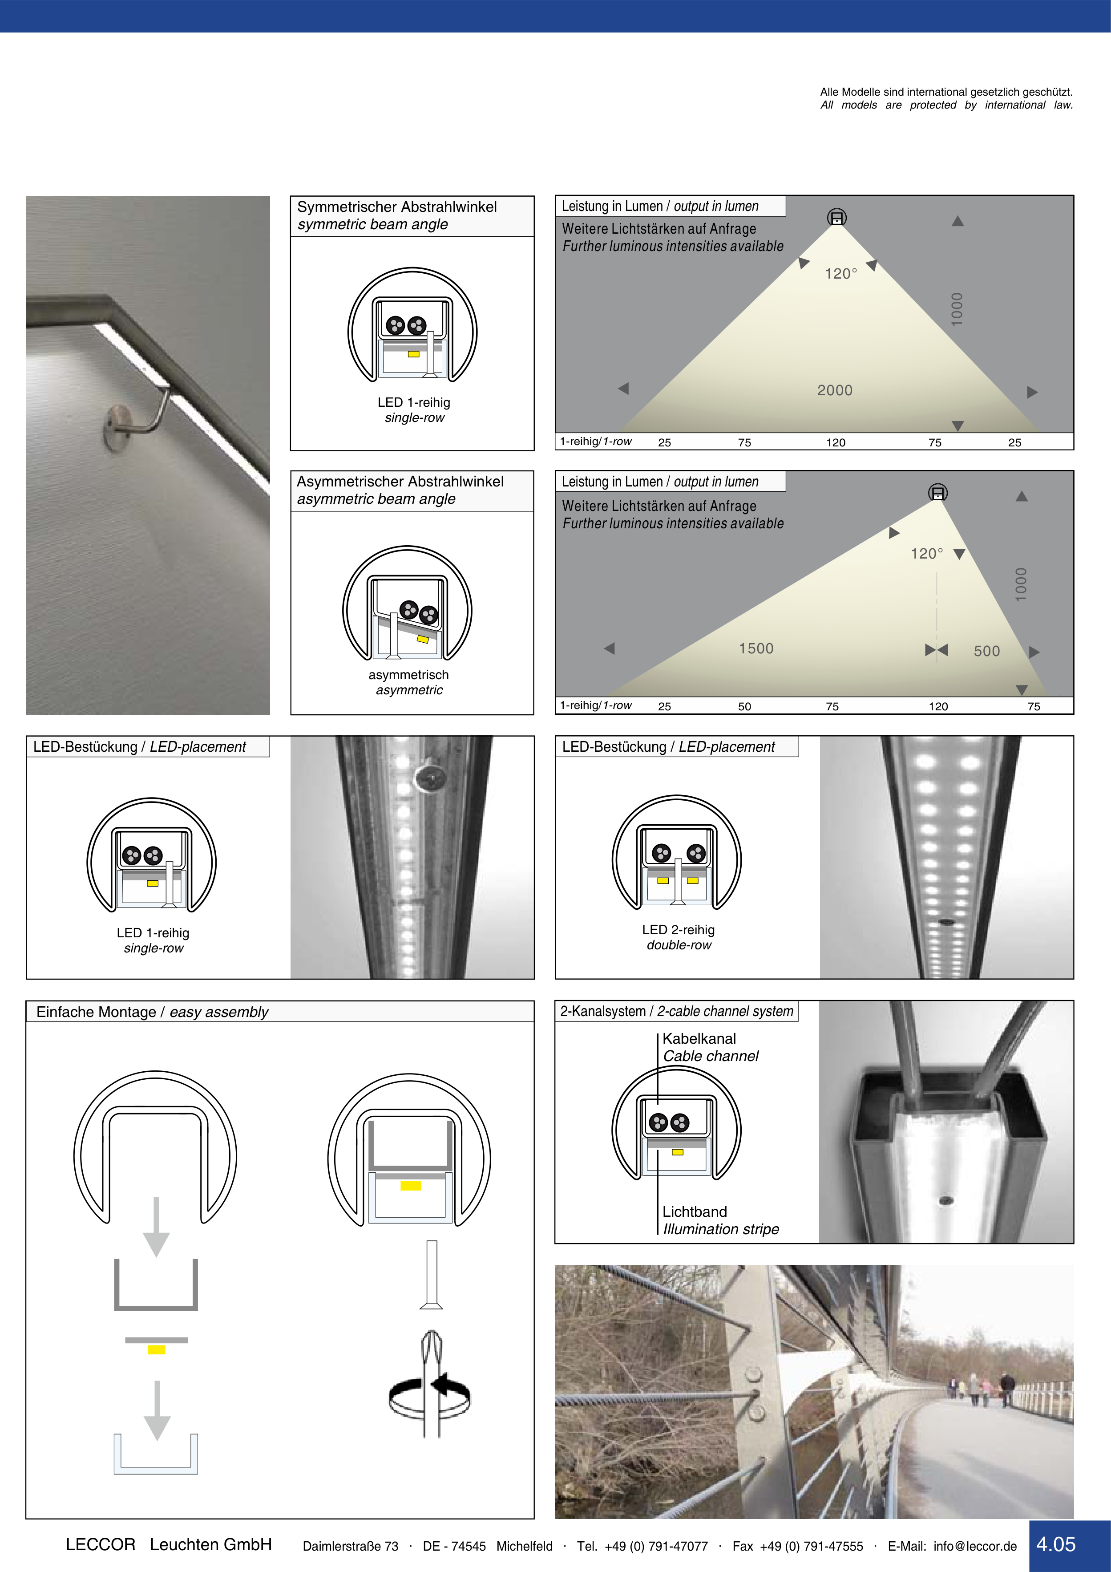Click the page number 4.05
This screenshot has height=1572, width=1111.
[1055, 1544]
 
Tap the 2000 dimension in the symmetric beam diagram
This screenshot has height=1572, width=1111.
[834, 390]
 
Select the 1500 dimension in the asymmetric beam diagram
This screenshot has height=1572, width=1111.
[756, 648]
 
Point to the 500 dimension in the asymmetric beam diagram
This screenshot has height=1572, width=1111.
[986, 651]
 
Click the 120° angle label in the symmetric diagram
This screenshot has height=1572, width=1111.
[840, 274]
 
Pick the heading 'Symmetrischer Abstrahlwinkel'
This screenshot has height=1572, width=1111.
[397, 207]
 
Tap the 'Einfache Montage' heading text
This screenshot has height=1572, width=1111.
[96, 1012]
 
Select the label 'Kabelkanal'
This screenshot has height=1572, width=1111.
[699, 1039]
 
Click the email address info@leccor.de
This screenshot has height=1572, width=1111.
[975, 1546]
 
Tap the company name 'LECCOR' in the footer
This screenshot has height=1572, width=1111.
[101, 1544]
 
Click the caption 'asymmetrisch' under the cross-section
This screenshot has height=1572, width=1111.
[408, 675]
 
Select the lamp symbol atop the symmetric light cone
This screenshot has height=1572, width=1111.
[836, 218]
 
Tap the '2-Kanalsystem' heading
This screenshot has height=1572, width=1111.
[602, 1011]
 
